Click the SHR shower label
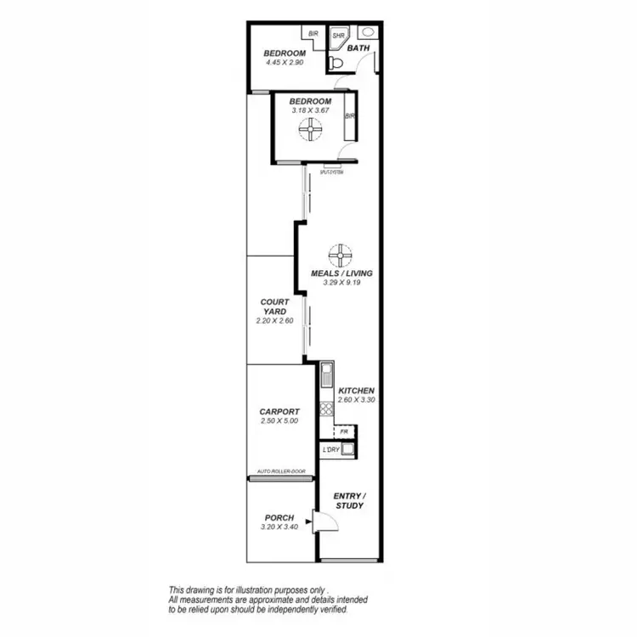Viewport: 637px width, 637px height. coord(337,37)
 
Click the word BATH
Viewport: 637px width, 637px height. coord(360,48)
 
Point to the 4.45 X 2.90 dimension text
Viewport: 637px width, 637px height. coord(285,63)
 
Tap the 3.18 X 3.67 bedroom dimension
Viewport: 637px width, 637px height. coord(310,110)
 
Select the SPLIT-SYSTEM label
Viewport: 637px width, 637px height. coord(331,172)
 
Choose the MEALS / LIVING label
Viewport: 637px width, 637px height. coord(342,273)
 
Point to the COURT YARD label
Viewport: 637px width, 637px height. coord(274,307)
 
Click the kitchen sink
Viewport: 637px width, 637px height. coord(325,375)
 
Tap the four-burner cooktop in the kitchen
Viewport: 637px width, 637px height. coord(325,409)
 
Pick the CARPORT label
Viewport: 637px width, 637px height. coord(279,411)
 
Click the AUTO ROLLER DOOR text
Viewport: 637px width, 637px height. coord(281,471)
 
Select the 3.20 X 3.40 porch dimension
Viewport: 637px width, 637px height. coord(279,527)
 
